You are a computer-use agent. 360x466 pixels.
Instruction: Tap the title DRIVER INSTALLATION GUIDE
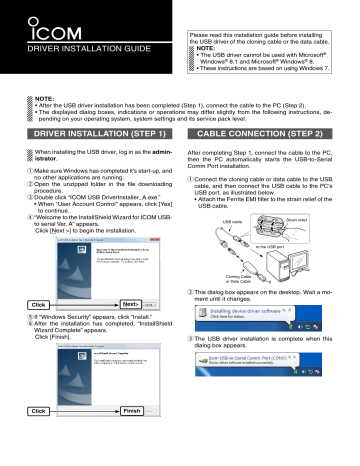coord(81,46)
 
